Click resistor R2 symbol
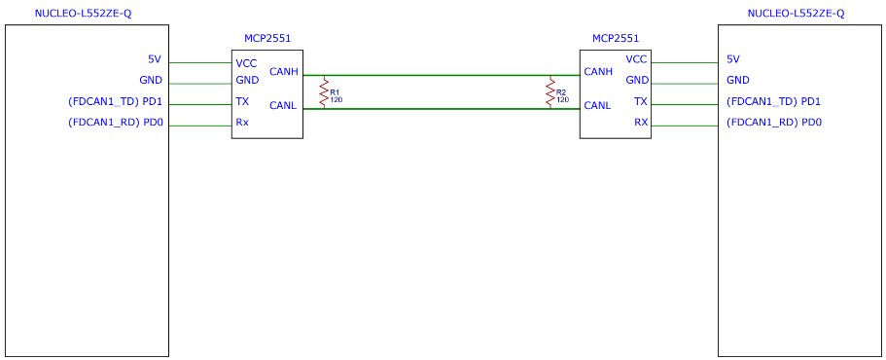[549, 92]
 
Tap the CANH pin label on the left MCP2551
[284, 72]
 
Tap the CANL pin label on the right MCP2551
[598, 105]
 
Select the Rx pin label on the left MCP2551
[242, 123]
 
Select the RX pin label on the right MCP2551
[640, 122]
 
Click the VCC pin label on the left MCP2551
[245, 62]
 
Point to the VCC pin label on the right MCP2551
[636, 58]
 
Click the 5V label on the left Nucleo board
[155, 58]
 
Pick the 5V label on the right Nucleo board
[733, 58]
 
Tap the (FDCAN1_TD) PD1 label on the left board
[115, 102]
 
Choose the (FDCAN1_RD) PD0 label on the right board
[774, 122]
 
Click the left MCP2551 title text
[266, 38]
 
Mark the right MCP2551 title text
[616, 38]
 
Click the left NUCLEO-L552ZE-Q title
[84, 14]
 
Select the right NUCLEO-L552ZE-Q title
[797, 14]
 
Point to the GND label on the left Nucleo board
[151, 80]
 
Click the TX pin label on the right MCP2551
[641, 101]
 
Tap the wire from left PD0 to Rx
[200, 126]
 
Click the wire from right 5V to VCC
[685, 62]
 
